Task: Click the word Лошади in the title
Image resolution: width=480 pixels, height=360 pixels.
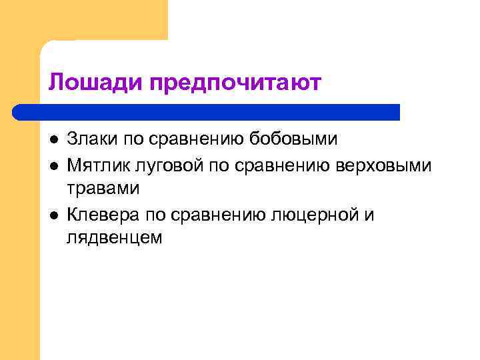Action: (x=97, y=83)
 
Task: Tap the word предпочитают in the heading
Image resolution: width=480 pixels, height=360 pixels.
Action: (x=236, y=83)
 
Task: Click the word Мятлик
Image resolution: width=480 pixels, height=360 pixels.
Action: (x=97, y=164)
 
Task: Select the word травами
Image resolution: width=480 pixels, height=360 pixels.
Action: (x=103, y=189)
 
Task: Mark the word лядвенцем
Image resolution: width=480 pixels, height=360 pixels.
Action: (x=114, y=238)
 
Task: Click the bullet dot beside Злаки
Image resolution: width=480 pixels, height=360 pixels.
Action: (x=53, y=140)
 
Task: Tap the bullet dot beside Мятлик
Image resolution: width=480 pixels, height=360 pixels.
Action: (x=53, y=165)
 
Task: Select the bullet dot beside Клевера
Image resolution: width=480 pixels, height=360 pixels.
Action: (x=53, y=215)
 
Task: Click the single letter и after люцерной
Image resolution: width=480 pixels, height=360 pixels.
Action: (x=370, y=214)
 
